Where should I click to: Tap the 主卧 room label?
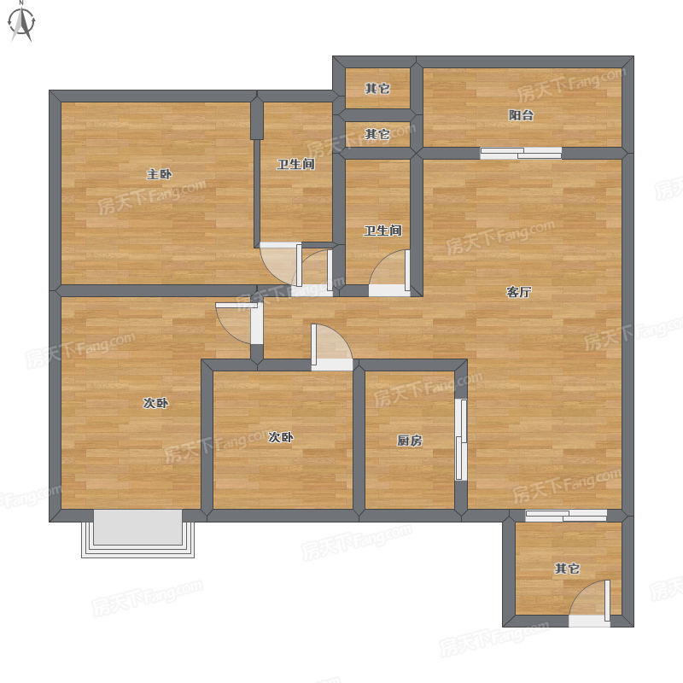(x=159, y=175)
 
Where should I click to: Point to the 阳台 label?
(x=521, y=115)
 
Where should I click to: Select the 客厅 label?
(x=519, y=292)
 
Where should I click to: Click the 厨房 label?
(x=410, y=441)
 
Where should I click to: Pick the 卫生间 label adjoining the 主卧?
(x=295, y=164)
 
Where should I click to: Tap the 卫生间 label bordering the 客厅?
(x=382, y=231)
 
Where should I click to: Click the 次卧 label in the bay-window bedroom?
(x=155, y=403)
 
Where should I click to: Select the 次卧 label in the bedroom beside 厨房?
(x=281, y=437)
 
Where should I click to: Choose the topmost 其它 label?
(x=377, y=89)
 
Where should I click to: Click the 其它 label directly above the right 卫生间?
(x=377, y=134)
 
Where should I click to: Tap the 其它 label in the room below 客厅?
(x=567, y=569)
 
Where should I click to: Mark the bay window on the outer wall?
(x=137, y=533)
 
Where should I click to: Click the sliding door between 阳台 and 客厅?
(x=521, y=154)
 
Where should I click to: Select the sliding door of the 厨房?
(x=461, y=440)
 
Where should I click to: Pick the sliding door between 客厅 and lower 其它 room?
(x=566, y=516)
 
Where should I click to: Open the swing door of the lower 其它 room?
(x=589, y=604)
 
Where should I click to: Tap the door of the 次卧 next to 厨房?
(x=332, y=347)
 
